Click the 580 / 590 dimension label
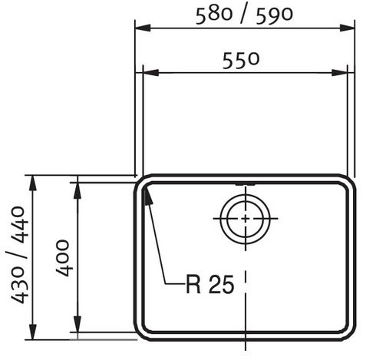click(244, 15)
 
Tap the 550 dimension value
click(241, 61)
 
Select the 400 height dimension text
click(63, 258)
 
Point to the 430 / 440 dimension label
click(18, 255)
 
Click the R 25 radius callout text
click(210, 284)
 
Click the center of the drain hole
click(246, 219)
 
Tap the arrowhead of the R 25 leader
click(147, 196)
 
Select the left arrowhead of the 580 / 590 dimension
click(143, 28)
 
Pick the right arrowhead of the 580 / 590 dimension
click(347, 28)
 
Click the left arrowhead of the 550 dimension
click(151, 73)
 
